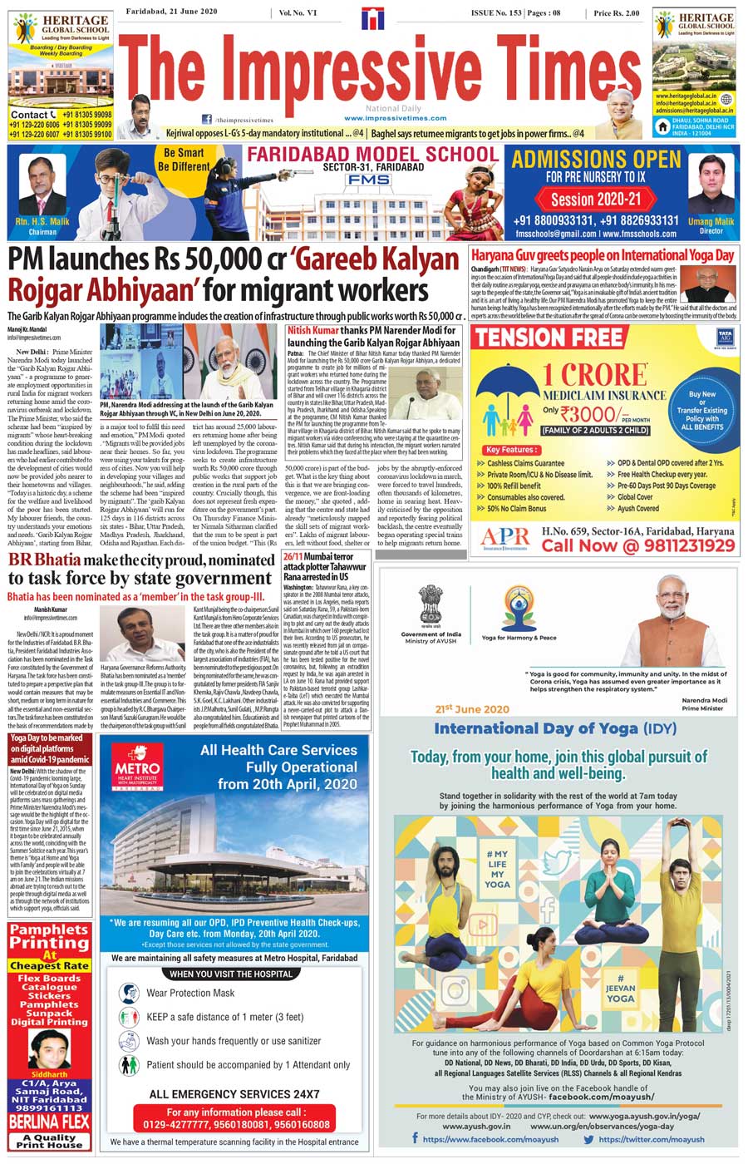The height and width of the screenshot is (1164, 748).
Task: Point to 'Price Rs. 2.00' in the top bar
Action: pos(617,13)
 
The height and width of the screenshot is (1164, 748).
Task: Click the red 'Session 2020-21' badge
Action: pos(596,199)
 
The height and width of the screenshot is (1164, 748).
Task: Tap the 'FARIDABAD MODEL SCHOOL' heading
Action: pos(372,154)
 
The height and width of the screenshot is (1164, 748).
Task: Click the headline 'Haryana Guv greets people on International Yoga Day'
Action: pos(603,256)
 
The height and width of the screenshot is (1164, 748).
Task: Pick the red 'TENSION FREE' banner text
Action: pos(549,337)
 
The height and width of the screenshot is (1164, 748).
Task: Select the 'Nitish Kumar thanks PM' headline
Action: pos(373,336)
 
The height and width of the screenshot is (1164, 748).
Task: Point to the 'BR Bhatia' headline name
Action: pos(43,560)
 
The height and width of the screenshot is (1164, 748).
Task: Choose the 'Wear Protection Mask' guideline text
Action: pos(190,993)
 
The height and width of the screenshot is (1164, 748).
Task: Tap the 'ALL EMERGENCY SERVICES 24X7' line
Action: pos(234,1094)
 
